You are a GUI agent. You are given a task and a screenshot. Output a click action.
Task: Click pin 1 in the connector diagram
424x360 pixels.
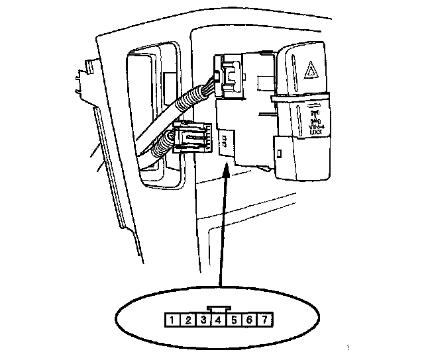pyautogui.click(x=172, y=321)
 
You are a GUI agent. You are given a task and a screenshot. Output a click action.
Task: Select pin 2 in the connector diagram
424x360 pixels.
pyautogui.click(x=187, y=321)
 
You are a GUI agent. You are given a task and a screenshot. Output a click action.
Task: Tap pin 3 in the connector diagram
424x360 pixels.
pyautogui.click(x=203, y=321)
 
